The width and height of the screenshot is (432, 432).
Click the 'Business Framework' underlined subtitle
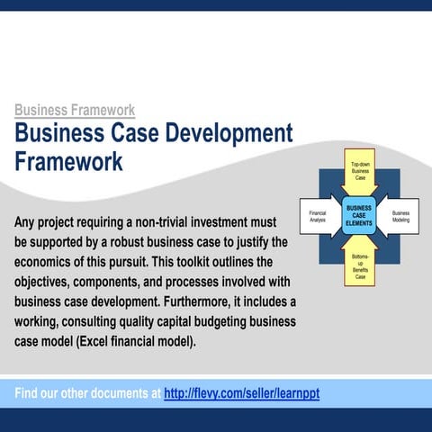tap(75, 110)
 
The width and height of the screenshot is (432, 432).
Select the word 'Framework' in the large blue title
tap(68, 162)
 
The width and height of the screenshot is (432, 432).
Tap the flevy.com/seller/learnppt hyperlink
tap(242, 394)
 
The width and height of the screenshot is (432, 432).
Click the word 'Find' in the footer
tap(31, 394)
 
